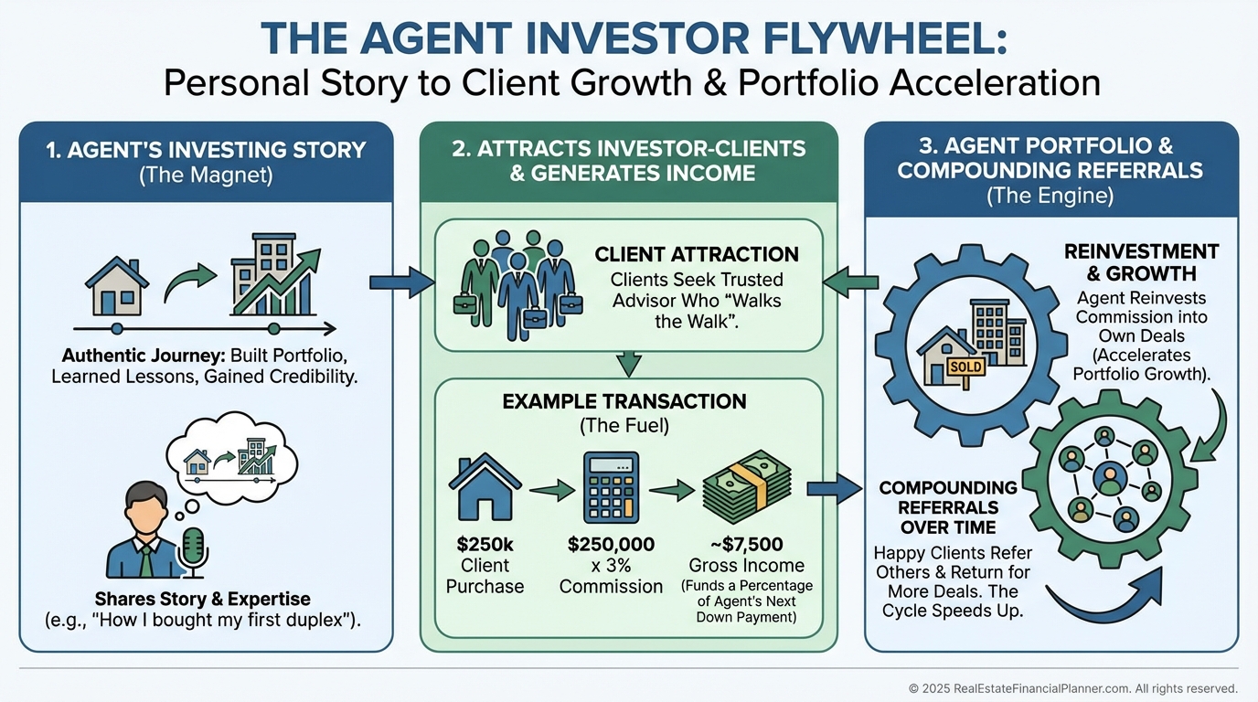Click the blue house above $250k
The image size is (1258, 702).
(x=485, y=487)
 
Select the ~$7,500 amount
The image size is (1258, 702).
(x=746, y=545)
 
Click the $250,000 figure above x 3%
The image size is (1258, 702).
(x=611, y=545)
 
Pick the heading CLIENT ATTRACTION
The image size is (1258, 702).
(x=697, y=254)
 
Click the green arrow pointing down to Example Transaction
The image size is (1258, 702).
(x=627, y=364)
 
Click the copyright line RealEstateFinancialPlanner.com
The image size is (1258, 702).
(x=1072, y=688)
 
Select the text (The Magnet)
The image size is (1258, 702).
(x=206, y=175)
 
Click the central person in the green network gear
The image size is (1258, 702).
(x=1109, y=476)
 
